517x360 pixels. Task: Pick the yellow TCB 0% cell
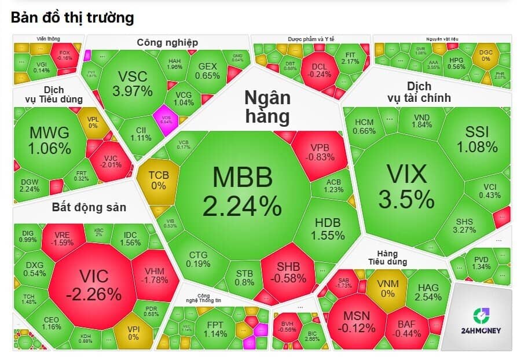(158, 180)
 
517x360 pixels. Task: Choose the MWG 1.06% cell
(49, 140)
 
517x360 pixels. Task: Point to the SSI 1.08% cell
(476, 139)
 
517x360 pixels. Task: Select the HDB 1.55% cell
(328, 229)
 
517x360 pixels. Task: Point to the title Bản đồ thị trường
(72, 18)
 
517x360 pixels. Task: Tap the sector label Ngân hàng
(266, 106)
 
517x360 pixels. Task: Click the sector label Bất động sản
(89, 207)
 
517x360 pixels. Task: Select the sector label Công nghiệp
(167, 42)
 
